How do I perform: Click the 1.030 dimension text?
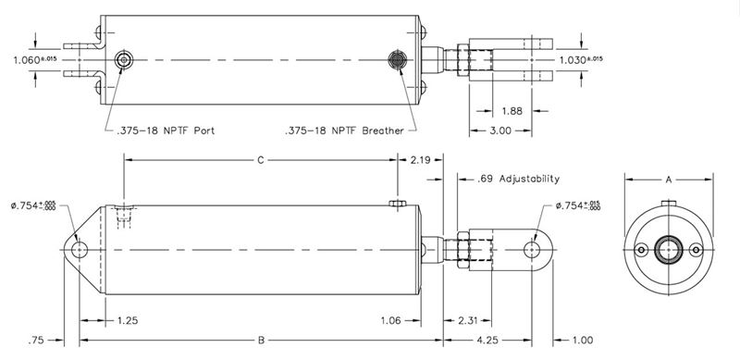[x=573, y=60]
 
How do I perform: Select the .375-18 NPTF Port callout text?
[x=166, y=130]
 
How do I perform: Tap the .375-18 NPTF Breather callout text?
[x=344, y=130]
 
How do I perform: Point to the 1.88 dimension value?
[x=512, y=111]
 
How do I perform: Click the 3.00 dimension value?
[x=500, y=130]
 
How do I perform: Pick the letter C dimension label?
[x=261, y=161]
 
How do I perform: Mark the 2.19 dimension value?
[x=420, y=160]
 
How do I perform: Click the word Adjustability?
[x=529, y=179]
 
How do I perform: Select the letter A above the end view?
[x=668, y=180]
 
